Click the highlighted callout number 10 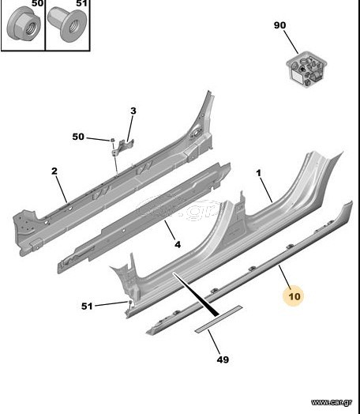pos(294,296)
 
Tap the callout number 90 pos(279,25)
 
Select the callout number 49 pos(223,359)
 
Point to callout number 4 pos(178,244)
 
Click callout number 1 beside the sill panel pos(258,173)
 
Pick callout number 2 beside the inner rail pos(54,171)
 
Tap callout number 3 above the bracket pos(133,111)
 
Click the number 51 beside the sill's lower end pos(87,307)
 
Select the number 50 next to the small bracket pos(78,137)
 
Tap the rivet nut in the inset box pos(68,24)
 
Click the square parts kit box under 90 pos(307,70)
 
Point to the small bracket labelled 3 pos(122,147)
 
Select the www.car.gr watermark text pos(332,402)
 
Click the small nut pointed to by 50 pos(112,140)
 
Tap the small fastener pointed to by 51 pos(130,302)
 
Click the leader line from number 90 pos(291,42)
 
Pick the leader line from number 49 pos(214,341)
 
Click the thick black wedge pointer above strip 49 pos(196,295)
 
